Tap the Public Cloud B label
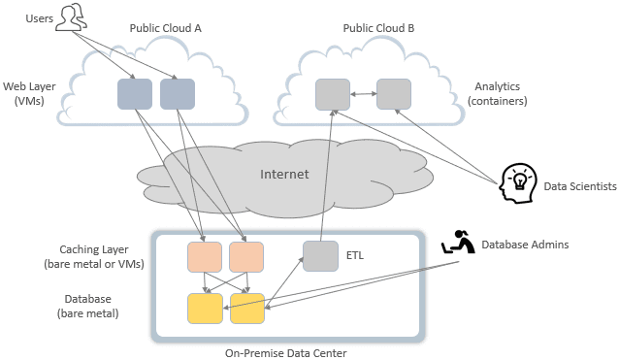(x=378, y=29)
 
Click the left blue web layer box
(x=135, y=94)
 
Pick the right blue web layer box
(x=178, y=94)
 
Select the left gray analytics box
(x=333, y=94)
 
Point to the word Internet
(x=284, y=175)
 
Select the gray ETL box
(x=320, y=257)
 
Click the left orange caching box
(x=204, y=257)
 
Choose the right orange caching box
(x=246, y=257)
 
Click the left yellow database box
(x=204, y=307)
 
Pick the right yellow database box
(x=246, y=307)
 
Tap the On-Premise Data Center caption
(x=287, y=353)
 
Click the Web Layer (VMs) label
(x=28, y=94)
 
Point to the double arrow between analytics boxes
(x=363, y=94)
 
